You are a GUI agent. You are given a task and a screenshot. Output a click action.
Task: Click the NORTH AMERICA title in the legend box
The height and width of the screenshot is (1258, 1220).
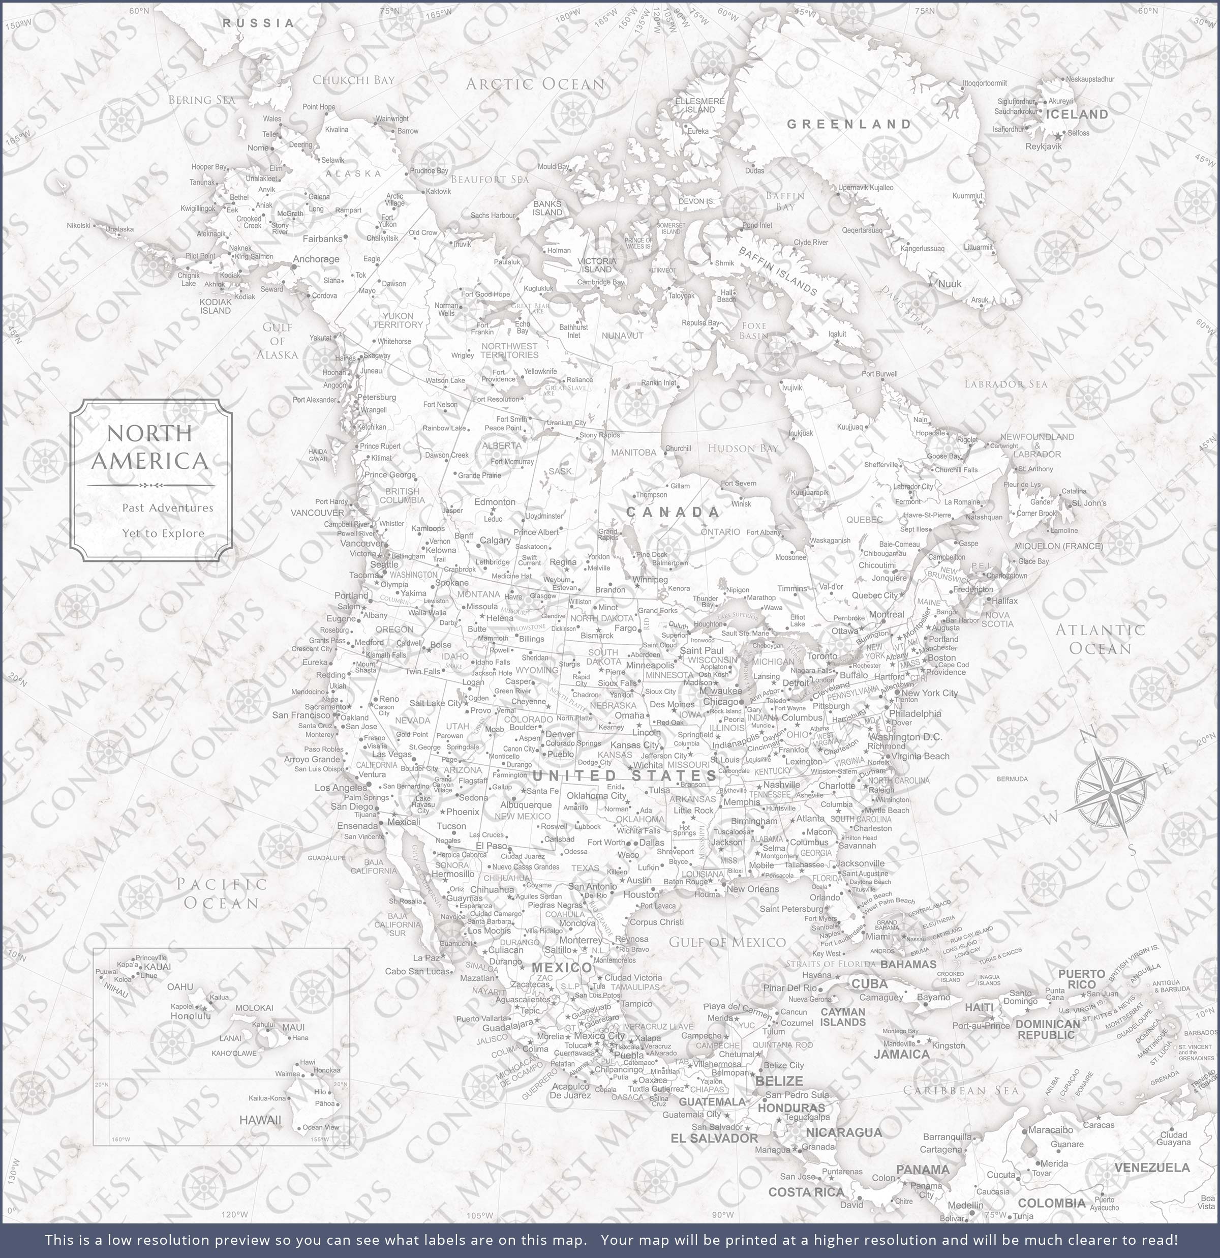[x=150, y=447]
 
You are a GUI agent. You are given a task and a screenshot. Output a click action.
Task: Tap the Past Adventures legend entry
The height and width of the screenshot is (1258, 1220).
[x=168, y=507]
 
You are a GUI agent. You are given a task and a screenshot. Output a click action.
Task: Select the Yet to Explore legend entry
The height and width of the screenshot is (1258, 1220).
[x=164, y=533]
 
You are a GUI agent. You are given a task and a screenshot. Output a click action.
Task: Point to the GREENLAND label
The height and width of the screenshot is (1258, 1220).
[x=849, y=124]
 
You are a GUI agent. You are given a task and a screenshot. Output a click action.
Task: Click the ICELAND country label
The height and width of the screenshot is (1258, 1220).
[x=1077, y=114]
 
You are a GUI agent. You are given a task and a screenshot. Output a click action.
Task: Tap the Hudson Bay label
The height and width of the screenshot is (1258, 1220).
[x=743, y=448]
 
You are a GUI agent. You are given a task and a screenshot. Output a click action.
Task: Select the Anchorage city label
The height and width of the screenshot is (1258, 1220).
[x=316, y=259]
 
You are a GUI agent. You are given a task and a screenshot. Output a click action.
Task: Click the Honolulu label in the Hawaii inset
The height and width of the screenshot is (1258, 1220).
[x=191, y=1016]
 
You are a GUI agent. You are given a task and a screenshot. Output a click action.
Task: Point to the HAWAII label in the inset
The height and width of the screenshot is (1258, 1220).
[x=260, y=1120]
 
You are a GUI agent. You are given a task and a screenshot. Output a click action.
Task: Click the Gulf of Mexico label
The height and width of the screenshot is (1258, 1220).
[x=726, y=942]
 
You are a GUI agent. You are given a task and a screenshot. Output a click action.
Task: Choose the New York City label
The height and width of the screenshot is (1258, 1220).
[x=929, y=693]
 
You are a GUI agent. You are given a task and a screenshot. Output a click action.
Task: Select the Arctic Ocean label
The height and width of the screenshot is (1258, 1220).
[x=535, y=84]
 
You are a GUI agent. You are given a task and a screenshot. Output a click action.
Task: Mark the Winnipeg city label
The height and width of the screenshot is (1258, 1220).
[x=650, y=580]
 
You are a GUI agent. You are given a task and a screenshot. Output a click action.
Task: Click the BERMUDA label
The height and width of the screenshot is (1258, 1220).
[x=1012, y=779]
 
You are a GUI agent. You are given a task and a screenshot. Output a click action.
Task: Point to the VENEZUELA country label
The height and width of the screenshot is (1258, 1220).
[x=1152, y=1167]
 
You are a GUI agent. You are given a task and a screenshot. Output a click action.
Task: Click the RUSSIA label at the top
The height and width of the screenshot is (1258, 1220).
[x=258, y=23]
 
